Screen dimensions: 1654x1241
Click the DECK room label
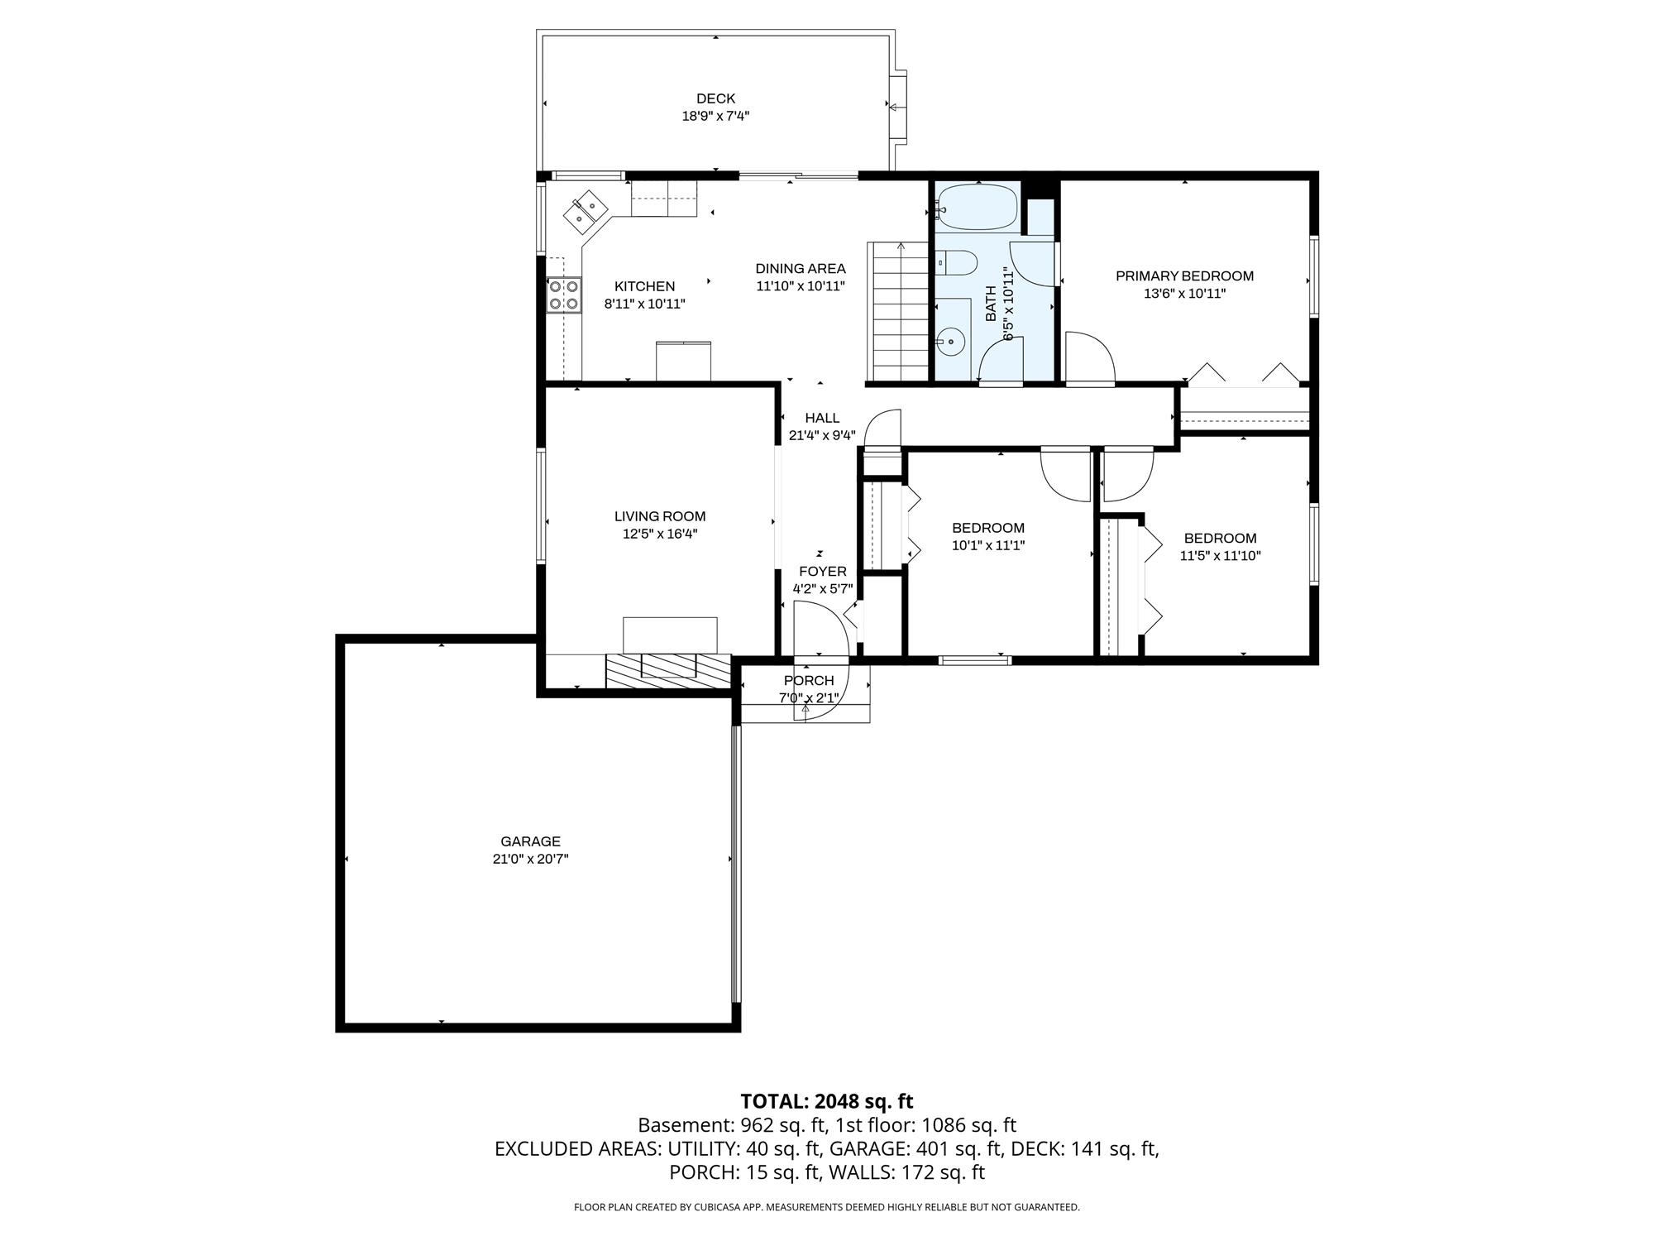point(715,98)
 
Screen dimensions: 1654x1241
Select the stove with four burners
point(564,295)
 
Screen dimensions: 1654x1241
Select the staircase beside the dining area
point(897,312)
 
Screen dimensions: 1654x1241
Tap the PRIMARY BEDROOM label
point(1184,276)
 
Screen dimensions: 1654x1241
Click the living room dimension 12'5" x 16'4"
point(660,534)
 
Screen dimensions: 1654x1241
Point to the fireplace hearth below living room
point(669,672)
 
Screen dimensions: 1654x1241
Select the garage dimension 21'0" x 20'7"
point(530,859)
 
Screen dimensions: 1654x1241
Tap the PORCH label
point(809,681)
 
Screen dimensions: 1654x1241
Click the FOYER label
point(823,572)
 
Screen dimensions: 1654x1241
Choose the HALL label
point(822,419)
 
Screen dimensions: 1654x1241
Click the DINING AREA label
point(801,269)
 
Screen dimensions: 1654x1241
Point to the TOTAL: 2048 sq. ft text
point(827,1101)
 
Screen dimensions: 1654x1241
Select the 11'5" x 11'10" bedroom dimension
point(1220,556)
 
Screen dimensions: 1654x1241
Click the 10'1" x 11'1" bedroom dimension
point(988,545)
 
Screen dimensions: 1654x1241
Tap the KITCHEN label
point(644,287)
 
